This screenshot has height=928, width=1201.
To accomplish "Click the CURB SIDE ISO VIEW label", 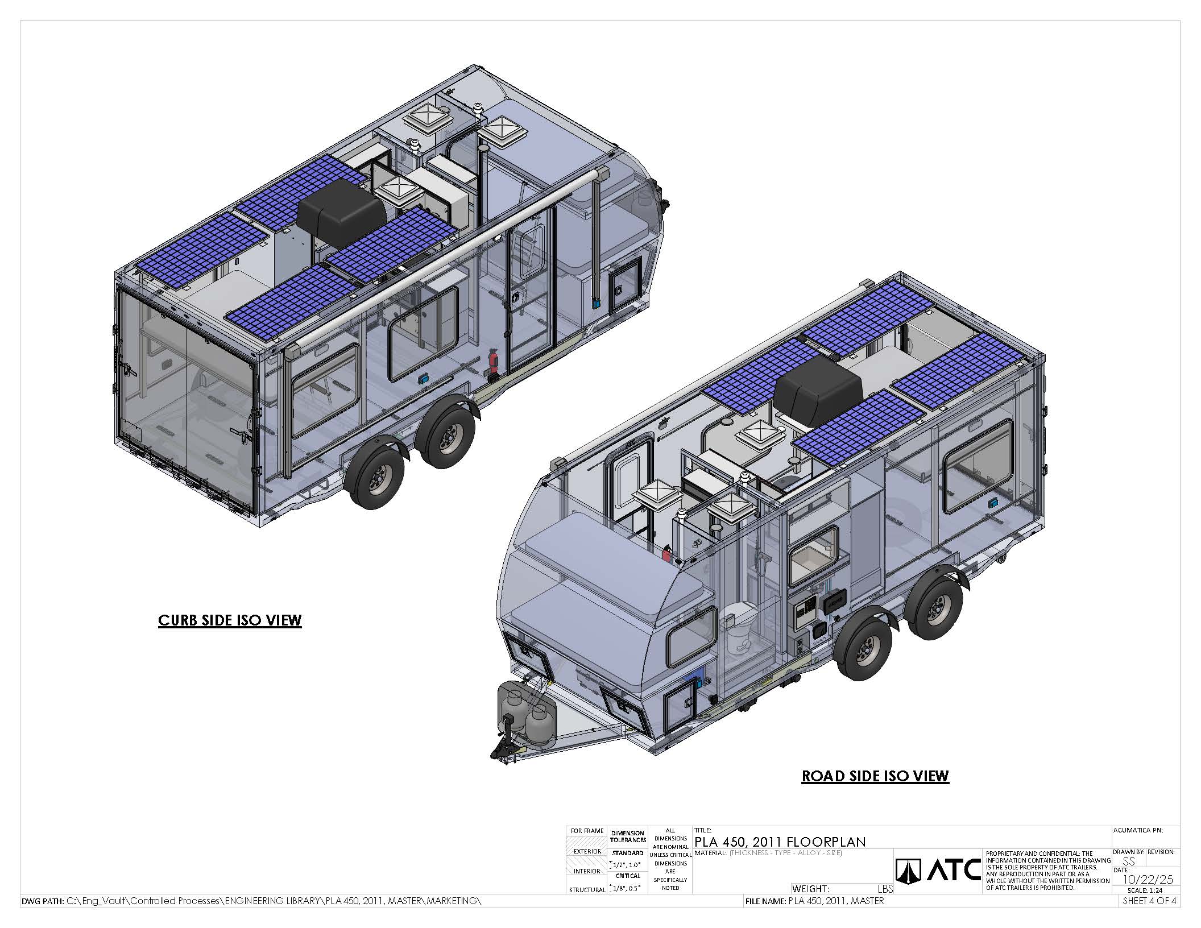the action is (230, 620).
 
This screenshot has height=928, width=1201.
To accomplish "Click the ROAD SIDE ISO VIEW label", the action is (875, 776).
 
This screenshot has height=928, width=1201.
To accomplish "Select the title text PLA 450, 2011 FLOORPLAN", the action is (780, 842).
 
